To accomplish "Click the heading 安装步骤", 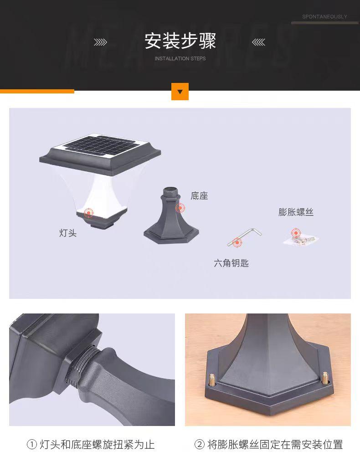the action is [180, 41].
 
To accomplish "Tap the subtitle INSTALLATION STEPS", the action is [180, 58].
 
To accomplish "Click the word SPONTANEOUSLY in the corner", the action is [324, 16].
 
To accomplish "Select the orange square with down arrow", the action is [180, 92].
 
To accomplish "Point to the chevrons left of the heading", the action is [100, 42].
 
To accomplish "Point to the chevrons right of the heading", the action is [258, 42].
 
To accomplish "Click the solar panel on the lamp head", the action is [102, 146].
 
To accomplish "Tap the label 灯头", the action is [68, 233].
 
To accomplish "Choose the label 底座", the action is [199, 195].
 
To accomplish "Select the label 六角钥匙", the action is [231, 263].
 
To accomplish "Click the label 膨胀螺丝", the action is [296, 212].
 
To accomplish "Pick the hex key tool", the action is [244, 237].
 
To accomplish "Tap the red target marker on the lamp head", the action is [88, 212].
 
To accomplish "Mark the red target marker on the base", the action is [180, 208].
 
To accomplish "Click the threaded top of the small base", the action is [170, 192].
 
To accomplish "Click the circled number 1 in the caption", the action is [32, 444].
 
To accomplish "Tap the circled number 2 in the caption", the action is [200, 444].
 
